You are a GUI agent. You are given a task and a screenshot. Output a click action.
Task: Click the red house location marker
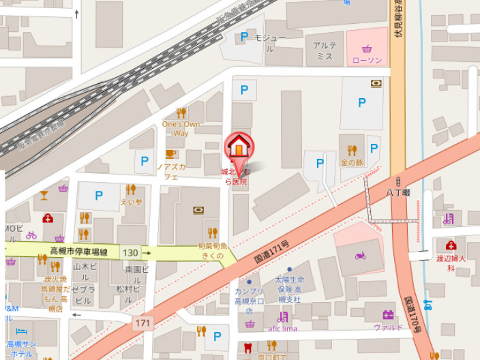point(239,146)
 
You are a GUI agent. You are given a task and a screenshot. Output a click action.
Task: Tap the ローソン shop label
point(367,60)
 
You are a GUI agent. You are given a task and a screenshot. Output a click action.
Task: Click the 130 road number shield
point(130,253)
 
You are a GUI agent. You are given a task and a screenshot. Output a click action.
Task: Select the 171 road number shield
point(142,322)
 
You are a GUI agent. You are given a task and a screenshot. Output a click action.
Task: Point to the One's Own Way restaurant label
point(181,128)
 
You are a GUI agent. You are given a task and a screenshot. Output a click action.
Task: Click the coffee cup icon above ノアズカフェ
point(170,154)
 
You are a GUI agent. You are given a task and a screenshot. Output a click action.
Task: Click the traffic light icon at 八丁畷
point(397,181)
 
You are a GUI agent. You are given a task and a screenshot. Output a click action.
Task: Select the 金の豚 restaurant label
point(352,164)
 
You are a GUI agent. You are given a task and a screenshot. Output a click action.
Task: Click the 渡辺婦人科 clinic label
point(451,263)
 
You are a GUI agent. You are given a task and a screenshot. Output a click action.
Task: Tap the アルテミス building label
point(324,50)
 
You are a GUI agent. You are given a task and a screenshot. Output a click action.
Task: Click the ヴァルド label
point(387,327)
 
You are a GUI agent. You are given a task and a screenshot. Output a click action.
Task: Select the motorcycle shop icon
point(360,256)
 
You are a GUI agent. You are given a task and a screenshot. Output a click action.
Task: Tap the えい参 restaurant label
point(130,202)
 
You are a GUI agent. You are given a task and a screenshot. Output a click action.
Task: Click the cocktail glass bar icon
point(44,195)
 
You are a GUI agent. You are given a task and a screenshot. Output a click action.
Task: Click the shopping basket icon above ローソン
point(367,48)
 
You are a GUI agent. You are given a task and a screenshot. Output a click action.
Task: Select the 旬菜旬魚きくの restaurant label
point(212,250)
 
